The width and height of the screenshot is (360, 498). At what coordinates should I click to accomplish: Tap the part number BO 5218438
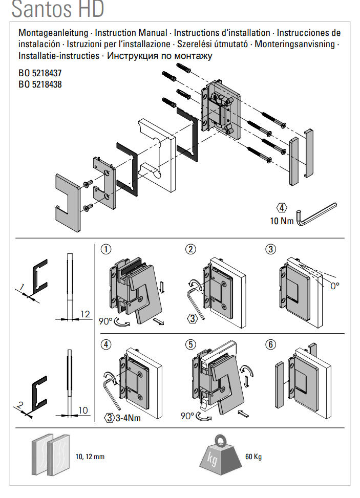(40, 84)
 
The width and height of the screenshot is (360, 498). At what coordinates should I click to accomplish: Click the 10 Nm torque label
(281, 221)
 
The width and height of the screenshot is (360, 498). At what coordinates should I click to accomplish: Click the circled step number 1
(106, 250)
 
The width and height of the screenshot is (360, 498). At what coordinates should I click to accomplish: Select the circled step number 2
(190, 250)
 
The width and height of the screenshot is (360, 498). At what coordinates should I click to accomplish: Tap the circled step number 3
(270, 250)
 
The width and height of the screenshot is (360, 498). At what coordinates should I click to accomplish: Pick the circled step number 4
(106, 344)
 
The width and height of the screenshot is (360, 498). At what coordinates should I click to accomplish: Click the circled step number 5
(190, 344)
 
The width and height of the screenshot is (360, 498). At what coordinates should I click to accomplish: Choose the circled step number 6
(270, 344)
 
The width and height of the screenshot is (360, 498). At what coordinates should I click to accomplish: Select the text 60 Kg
(254, 457)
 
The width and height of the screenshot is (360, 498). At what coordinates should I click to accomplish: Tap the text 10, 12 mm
(90, 457)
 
